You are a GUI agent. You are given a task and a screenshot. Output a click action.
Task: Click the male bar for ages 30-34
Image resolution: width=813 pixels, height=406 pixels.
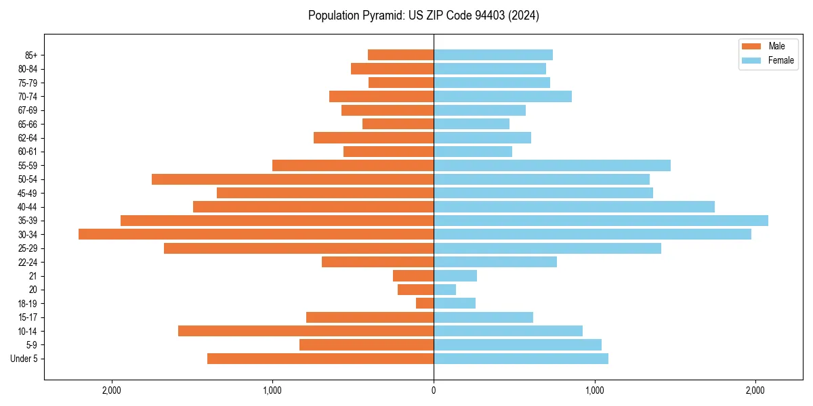click(x=256, y=234)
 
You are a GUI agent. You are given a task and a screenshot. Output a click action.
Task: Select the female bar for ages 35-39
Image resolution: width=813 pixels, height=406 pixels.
click(x=600, y=221)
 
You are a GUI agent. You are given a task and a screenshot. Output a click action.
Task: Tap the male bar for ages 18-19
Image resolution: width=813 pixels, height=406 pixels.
click(x=425, y=303)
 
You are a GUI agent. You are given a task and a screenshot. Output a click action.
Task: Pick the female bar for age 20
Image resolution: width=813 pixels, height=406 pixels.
click(x=444, y=290)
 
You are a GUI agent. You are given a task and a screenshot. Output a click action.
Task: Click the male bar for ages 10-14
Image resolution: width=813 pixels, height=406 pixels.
click(x=306, y=331)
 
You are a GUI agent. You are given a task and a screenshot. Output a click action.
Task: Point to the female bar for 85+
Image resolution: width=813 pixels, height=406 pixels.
click(x=493, y=55)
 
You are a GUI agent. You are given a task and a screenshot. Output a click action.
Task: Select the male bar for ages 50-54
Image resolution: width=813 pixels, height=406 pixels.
click(x=293, y=179)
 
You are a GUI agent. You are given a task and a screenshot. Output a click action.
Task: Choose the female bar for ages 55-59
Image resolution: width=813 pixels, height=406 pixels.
click(x=551, y=165)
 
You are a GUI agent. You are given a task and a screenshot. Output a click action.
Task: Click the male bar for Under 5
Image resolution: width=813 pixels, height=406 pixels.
click(x=320, y=359)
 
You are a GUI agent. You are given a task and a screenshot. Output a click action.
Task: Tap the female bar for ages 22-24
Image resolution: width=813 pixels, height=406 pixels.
click(x=495, y=262)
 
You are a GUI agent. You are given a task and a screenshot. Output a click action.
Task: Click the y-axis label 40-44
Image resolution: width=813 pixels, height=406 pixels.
click(x=27, y=207)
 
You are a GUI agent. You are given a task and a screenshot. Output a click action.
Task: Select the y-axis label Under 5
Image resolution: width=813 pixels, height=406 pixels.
click(x=24, y=359)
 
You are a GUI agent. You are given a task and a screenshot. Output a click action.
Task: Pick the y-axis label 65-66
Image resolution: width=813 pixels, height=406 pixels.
click(x=27, y=124)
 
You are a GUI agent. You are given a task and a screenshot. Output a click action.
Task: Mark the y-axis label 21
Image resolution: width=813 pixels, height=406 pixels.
click(x=33, y=276)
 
